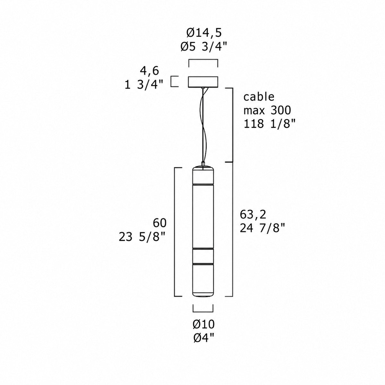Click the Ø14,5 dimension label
pyautogui.click(x=204, y=33)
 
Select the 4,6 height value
pyautogui.click(x=150, y=71)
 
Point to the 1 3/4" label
pyautogui.click(x=144, y=85)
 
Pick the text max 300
pyautogui.click(x=267, y=110)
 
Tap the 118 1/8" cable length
pyautogui.click(x=269, y=124)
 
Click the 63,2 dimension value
pyautogui.click(x=253, y=215)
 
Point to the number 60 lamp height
pyautogui.click(x=160, y=223)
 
